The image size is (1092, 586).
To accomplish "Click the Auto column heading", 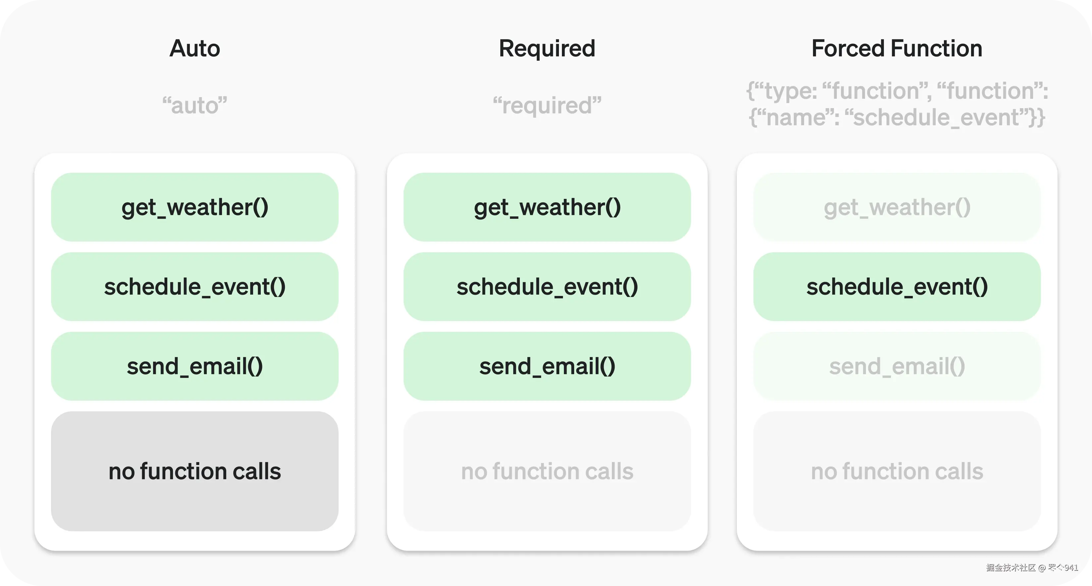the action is (194, 48).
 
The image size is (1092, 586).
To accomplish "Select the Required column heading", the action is (547, 48).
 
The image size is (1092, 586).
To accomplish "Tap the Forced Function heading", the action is (897, 48).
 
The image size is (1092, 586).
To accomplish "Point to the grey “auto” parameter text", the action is (194, 105).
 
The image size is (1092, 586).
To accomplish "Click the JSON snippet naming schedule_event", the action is (897, 104).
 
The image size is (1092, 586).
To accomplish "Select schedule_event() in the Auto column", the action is (194, 287).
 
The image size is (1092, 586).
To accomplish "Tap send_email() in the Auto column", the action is (194, 366).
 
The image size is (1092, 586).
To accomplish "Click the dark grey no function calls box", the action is (194, 471).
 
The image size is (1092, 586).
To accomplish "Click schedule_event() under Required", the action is (547, 287).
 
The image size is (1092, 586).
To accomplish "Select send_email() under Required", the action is (547, 366).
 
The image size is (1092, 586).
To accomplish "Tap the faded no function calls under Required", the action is (547, 471).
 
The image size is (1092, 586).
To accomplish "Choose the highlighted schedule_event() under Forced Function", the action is (897, 287).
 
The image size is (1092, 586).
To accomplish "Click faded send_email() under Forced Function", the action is (897, 366).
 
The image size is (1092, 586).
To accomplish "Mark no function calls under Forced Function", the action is (897, 471).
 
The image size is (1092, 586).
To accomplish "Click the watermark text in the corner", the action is (1032, 567).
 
